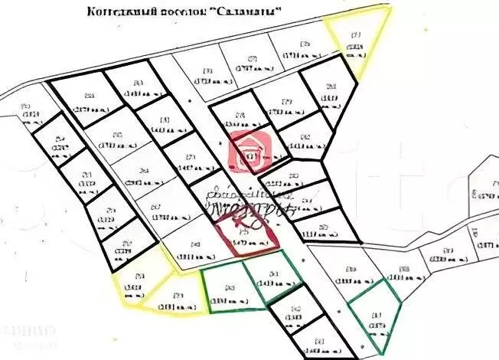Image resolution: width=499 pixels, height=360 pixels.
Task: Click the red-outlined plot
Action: pos(249,234)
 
